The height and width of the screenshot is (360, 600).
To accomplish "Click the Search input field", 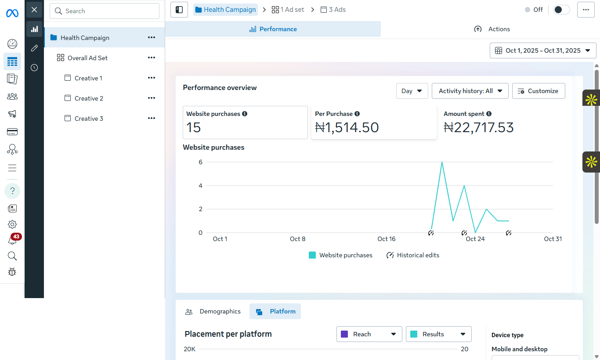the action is (x=105, y=11).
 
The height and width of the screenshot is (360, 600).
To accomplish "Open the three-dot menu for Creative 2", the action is (x=152, y=98).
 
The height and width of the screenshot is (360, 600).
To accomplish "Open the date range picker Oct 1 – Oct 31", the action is (x=542, y=50).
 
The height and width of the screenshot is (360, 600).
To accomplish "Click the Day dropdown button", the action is (x=412, y=91).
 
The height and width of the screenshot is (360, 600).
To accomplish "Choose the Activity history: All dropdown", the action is (x=470, y=91).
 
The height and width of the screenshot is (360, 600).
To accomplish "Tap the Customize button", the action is (x=539, y=91).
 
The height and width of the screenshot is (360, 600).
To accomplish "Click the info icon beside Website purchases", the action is (x=245, y=114).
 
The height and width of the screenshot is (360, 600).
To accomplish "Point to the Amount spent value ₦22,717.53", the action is (x=478, y=127).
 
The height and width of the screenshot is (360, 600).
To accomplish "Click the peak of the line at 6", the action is (x=442, y=162).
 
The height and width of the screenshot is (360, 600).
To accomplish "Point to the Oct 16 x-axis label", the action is (x=386, y=239).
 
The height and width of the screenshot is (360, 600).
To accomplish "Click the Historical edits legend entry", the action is (x=412, y=255).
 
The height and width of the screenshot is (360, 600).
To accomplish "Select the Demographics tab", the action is (x=213, y=311).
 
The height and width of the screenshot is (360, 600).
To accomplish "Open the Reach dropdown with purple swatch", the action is (x=369, y=334).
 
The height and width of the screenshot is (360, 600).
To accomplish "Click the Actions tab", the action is (x=492, y=29).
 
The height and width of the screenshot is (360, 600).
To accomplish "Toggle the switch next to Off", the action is (x=561, y=10).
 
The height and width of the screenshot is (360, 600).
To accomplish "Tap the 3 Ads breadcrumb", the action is (x=333, y=10).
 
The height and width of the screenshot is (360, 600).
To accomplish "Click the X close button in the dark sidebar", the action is (x=34, y=10).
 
